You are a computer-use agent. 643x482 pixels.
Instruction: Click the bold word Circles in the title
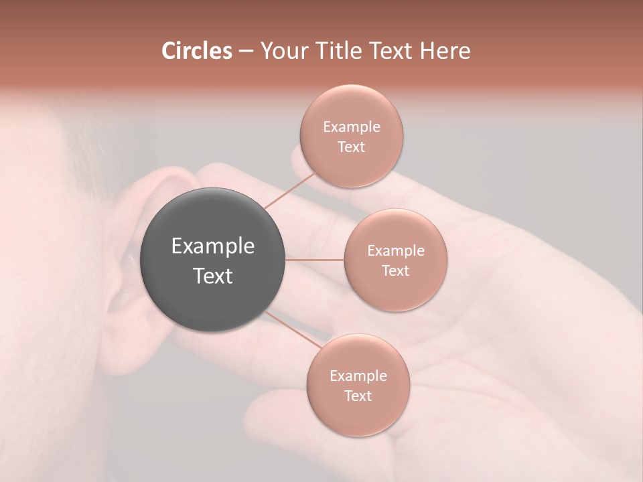click(x=196, y=51)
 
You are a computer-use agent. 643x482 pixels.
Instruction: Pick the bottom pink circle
click(x=358, y=415)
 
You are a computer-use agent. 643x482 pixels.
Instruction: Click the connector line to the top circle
click(x=289, y=191)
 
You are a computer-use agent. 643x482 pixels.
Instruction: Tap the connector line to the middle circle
click(x=315, y=260)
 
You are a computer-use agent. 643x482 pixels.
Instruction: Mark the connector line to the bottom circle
click(x=292, y=329)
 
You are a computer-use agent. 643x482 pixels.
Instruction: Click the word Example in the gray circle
click(x=213, y=246)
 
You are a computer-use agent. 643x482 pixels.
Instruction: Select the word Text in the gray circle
click(x=213, y=276)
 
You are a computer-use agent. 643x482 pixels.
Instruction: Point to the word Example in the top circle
click(x=351, y=127)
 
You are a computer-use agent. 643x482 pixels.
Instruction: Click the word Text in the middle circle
click(x=395, y=270)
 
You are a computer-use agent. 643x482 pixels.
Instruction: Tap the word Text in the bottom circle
click(x=358, y=396)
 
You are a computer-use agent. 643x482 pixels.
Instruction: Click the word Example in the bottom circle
click(x=358, y=376)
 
